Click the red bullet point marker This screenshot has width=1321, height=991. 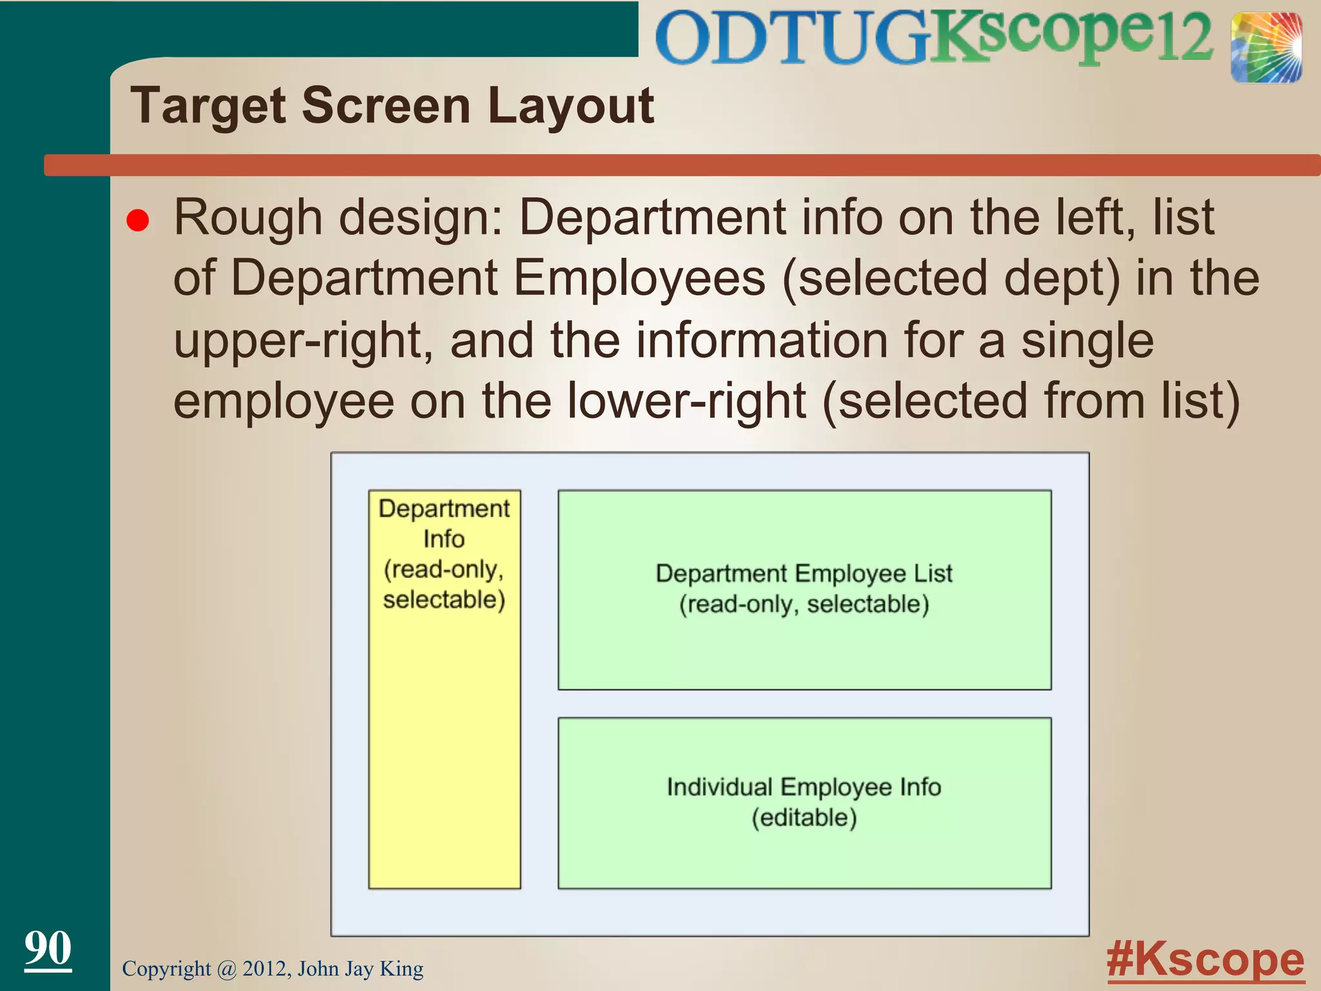138,221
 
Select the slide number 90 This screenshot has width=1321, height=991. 48,948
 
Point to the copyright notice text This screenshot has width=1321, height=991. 272,969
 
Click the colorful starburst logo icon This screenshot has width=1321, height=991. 1266,48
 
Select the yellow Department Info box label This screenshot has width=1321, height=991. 444,554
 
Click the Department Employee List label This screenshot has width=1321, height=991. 804,574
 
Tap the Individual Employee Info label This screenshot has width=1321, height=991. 804,787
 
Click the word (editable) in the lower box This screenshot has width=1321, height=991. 804,818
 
